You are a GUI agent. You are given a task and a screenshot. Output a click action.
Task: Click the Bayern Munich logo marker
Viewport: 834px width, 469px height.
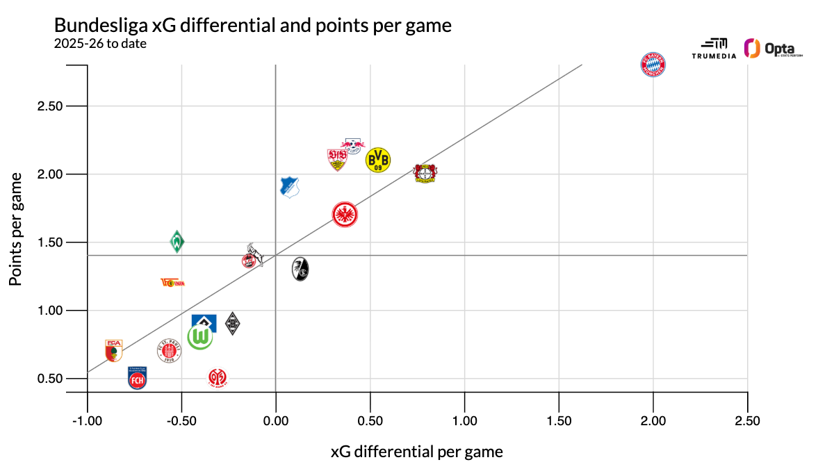(653, 65)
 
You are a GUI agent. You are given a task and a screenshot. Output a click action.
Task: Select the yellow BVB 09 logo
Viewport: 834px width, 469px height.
(378, 160)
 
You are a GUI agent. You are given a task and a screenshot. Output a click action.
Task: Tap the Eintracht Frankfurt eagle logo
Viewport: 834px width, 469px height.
(345, 215)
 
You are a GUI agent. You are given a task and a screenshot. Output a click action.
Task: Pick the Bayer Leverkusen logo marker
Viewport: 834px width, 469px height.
(425, 173)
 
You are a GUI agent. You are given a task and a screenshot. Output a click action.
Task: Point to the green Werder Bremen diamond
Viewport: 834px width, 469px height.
(178, 242)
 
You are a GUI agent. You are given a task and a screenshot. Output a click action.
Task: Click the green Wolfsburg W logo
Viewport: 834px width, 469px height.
(200, 338)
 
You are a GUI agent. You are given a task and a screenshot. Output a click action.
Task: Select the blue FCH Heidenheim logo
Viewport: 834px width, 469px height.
(138, 378)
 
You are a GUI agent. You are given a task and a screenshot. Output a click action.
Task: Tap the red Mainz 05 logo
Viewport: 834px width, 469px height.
(218, 378)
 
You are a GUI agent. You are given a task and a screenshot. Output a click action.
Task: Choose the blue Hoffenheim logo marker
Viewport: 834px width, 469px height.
(289, 187)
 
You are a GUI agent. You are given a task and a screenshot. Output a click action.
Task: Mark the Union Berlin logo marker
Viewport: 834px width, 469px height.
(172, 282)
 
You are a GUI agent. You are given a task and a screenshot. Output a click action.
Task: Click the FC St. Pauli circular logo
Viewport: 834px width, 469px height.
(169, 351)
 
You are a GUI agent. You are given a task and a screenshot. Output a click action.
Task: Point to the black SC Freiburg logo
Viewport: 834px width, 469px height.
(300, 269)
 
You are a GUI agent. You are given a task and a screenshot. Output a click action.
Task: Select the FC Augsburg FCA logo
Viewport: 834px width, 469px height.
(113, 351)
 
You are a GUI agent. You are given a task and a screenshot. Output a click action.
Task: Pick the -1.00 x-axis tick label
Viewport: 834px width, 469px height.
(87, 421)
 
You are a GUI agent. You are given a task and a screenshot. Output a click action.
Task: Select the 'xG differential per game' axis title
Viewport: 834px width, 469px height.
(417, 452)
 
